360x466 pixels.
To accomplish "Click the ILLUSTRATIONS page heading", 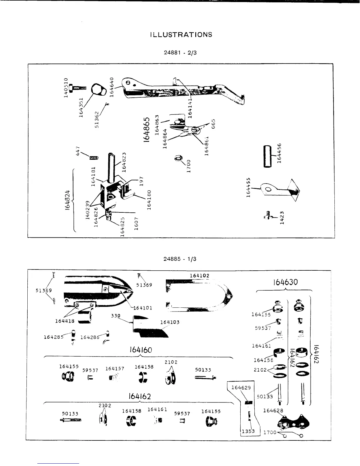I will click(181, 34).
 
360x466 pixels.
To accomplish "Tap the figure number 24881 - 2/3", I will click(180, 53).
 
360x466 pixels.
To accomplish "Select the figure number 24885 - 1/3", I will click(180, 259).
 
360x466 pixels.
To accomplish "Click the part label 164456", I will click(279, 153).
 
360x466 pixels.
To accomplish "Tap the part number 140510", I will click(66, 87).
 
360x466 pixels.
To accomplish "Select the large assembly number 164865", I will click(148, 129).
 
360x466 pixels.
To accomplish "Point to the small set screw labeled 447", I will click(94, 158).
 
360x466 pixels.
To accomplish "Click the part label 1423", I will click(282, 218).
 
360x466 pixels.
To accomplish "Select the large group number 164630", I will click(285, 282).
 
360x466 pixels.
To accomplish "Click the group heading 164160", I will click(141, 350).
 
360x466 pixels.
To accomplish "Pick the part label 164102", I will click(199, 276).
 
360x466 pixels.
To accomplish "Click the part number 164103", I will click(170, 322).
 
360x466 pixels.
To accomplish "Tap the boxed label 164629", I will click(241, 387).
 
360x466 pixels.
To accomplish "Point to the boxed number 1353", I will click(248, 432).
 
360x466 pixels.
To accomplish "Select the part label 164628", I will click(273, 411).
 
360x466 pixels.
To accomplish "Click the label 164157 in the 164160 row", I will click(115, 369).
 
